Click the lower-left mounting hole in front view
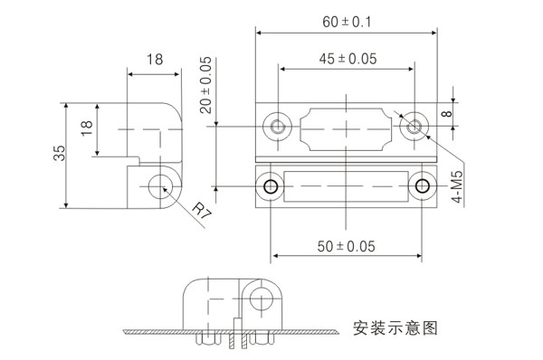[270, 187]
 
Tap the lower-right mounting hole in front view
[423, 187]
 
